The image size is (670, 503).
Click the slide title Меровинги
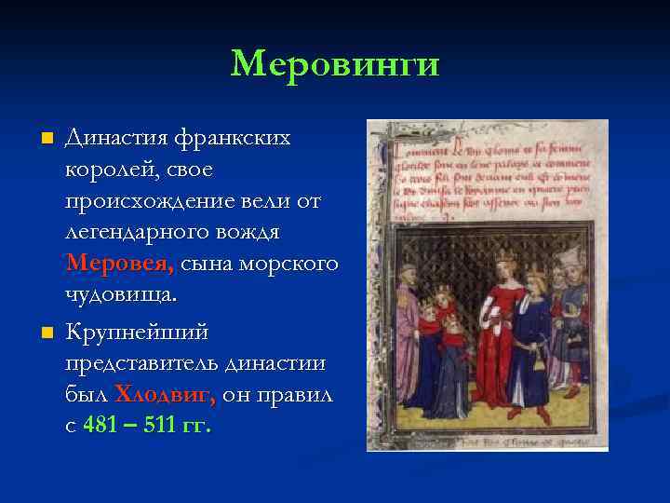335,63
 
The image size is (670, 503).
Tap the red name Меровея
119,264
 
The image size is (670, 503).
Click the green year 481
101,427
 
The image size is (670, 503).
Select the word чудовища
120,295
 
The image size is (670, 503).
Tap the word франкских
240,138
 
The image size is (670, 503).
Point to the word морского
297,264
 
